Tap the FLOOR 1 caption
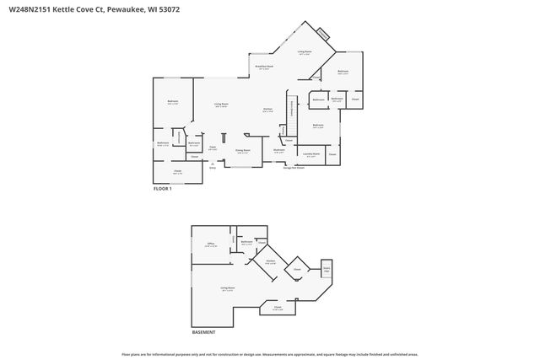point(162,189)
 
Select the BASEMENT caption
point(203,332)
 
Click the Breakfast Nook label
point(264,67)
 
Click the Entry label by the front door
point(213,168)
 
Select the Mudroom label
point(279,151)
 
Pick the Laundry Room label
point(311,154)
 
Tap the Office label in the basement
point(211,244)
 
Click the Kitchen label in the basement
point(271,261)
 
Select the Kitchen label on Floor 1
point(267,110)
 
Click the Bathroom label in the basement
point(247,243)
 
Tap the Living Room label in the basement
point(228,288)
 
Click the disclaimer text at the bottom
point(269,354)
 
